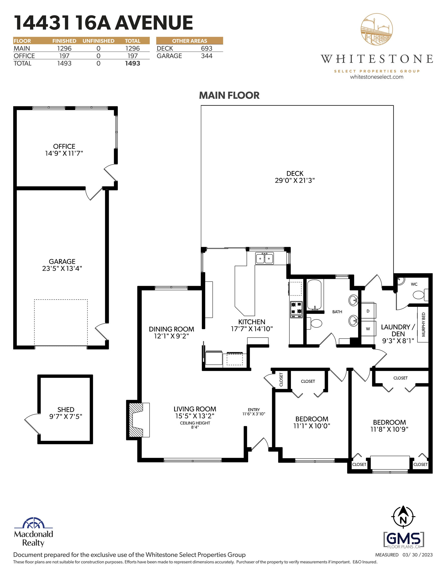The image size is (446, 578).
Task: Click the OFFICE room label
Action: tap(64, 146)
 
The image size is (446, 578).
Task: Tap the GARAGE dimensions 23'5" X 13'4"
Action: tap(62, 268)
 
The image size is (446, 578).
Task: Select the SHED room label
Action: tap(66, 409)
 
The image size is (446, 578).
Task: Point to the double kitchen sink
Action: tap(264, 258)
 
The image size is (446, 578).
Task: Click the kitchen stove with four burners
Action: tap(296, 309)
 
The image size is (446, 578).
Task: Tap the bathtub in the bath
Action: tap(314, 295)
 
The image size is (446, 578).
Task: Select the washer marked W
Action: tap(368, 329)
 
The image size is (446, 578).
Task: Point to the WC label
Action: tap(414, 284)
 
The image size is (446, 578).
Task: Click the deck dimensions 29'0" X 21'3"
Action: tap(295, 180)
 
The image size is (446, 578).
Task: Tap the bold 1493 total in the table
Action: tap(133, 63)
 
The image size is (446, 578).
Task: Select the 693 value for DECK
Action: tap(206, 48)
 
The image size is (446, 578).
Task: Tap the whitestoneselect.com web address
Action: tap(377, 77)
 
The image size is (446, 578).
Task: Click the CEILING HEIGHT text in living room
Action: tap(195, 423)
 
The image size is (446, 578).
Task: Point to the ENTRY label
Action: tap(254, 409)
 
